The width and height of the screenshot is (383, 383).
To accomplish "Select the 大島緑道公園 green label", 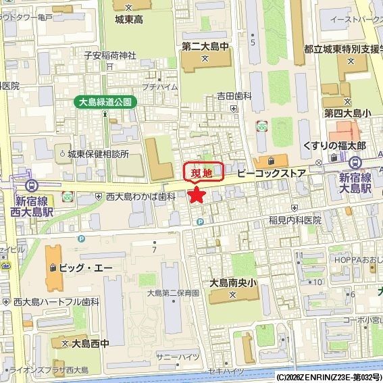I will point(105,102).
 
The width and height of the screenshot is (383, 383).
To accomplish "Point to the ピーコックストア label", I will point(272,174).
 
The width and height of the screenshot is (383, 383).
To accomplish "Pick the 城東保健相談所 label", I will point(103,154).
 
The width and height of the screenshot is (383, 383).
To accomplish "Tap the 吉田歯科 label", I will point(233,97).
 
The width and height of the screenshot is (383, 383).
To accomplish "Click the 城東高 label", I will point(128,20).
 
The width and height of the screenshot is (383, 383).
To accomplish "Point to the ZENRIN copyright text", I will point(329,377).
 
